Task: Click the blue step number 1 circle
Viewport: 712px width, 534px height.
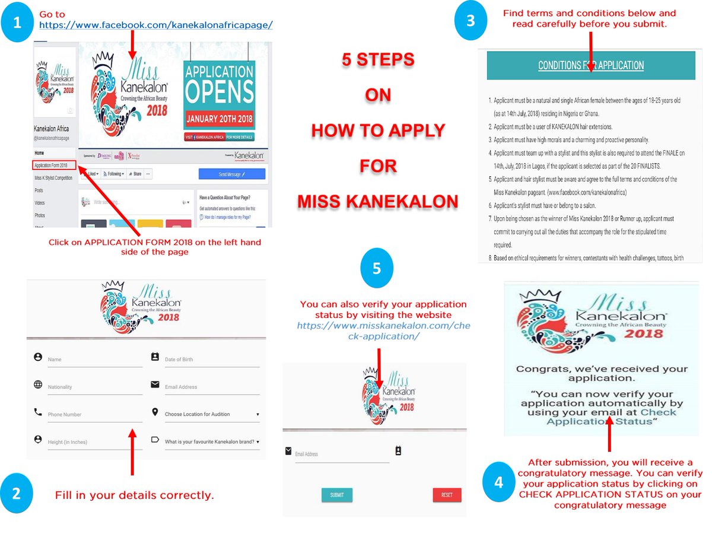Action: coord(17,24)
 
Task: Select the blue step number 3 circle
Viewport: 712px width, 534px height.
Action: coord(471,20)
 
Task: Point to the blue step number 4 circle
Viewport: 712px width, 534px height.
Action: coord(498,482)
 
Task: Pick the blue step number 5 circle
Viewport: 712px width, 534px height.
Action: coord(377,268)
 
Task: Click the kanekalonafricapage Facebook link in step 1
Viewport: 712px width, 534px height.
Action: coord(156,24)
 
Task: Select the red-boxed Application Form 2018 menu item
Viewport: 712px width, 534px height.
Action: coord(54,166)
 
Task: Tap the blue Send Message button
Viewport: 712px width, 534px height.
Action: coord(231,174)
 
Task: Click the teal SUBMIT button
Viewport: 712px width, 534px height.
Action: coord(336,495)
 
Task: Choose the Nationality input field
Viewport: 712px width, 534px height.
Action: coord(94,387)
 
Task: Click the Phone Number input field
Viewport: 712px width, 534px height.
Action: coord(94,414)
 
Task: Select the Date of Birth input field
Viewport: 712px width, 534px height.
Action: coord(211,360)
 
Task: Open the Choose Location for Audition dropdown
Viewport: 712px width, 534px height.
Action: coord(211,414)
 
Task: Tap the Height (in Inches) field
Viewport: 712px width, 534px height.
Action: coord(94,442)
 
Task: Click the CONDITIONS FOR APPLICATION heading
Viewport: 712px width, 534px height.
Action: coord(590,65)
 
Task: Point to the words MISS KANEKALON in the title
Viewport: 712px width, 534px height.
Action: coord(377,201)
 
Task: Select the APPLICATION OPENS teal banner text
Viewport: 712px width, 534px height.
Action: coord(219,84)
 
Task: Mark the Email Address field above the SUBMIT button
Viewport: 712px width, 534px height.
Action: coord(341,454)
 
